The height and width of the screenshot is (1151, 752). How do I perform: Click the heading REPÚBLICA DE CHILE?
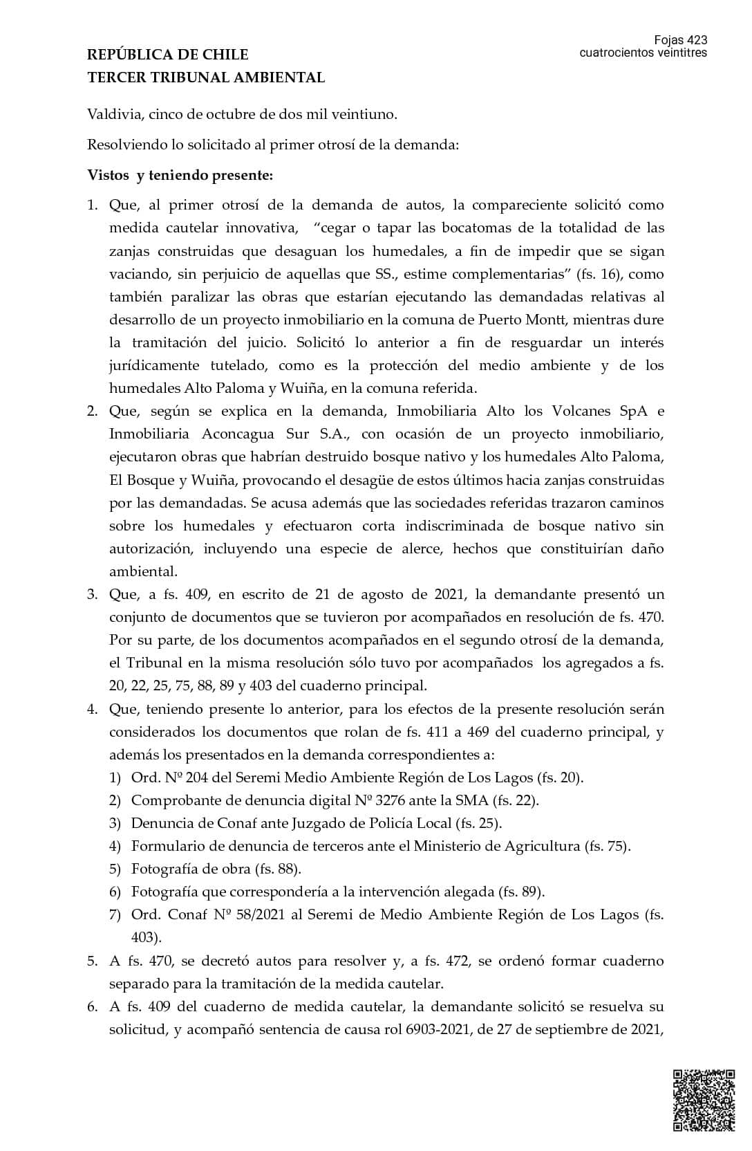point(168,55)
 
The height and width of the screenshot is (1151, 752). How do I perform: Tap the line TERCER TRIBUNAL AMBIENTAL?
point(206,77)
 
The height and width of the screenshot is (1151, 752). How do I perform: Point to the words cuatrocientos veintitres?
point(643,53)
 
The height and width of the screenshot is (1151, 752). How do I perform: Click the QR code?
point(704,1101)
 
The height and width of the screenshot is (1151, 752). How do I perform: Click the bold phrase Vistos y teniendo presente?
point(180,175)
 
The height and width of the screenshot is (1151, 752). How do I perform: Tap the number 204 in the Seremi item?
point(179,777)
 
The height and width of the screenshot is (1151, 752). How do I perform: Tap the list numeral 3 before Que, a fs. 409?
point(92,594)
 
